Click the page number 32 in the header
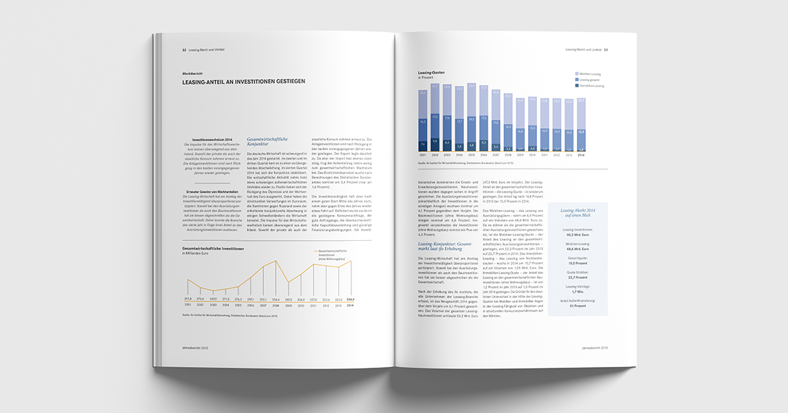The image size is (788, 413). coord(184,50)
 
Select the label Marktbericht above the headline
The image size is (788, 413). coord(193,73)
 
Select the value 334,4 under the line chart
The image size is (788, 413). coord(350,299)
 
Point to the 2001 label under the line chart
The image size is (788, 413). coord(188,305)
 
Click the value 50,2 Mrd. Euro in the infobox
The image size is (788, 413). coord(578,234)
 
